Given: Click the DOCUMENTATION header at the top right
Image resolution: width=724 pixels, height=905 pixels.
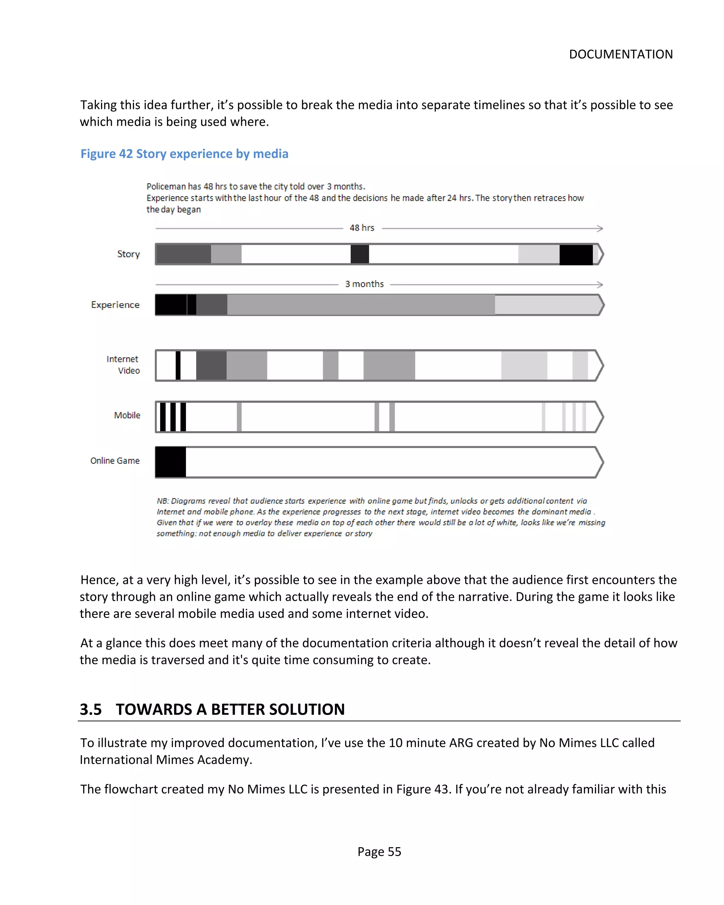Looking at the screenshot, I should (x=620, y=54).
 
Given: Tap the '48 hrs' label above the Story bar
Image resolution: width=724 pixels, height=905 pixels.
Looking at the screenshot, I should (x=362, y=228).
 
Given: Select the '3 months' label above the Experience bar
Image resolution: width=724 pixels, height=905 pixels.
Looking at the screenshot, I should (x=364, y=284).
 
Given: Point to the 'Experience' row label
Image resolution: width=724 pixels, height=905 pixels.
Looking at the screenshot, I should (x=115, y=305).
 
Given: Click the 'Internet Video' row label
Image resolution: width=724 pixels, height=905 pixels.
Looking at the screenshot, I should (x=123, y=364).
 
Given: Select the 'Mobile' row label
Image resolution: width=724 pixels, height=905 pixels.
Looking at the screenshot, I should (x=127, y=415).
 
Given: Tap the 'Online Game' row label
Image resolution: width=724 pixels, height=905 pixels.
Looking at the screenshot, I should (x=115, y=460).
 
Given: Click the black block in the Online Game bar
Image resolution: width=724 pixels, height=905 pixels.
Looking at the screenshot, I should (x=170, y=462).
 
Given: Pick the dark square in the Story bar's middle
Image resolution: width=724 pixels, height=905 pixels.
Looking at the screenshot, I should (x=360, y=254).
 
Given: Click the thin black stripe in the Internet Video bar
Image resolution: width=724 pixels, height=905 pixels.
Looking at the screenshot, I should (x=178, y=365).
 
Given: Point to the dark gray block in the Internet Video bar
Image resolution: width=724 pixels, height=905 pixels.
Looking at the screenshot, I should (x=211, y=365).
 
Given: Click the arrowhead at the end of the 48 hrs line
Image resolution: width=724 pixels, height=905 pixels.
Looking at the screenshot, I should (x=600, y=228).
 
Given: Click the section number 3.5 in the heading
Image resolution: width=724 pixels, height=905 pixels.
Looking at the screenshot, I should (x=91, y=709).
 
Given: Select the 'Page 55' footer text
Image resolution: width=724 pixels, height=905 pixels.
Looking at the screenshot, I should (x=379, y=851).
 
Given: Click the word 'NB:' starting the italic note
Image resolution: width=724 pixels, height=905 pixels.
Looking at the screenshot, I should (x=163, y=501).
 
